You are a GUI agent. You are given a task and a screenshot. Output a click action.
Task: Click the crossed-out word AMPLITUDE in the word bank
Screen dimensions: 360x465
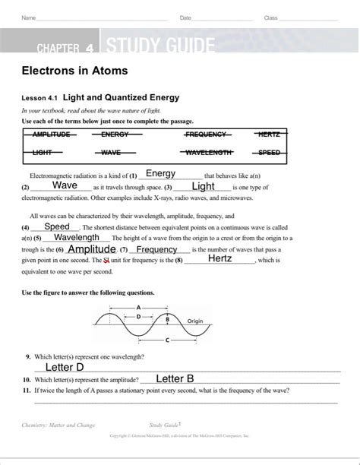(x=52, y=134)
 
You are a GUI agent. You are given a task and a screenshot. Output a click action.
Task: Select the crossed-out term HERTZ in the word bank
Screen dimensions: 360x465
(x=269, y=134)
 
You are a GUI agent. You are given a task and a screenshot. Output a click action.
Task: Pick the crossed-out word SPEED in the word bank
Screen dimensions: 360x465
(x=269, y=153)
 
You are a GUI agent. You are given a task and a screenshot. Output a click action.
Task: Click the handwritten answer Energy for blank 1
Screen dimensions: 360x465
(x=160, y=173)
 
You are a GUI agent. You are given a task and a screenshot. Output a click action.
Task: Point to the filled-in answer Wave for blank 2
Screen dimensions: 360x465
(x=65, y=185)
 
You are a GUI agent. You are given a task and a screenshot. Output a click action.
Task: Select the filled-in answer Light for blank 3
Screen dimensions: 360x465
(x=204, y=186)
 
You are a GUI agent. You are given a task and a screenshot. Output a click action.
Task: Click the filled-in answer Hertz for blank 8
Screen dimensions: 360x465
(x=219, y=258)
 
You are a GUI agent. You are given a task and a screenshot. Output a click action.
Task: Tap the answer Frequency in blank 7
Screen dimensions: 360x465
(x=157, y=249)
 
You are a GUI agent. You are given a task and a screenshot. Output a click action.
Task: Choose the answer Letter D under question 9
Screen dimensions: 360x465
(x=65, y=367)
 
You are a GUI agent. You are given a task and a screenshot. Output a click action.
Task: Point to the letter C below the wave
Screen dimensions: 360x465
(x=167, y=340)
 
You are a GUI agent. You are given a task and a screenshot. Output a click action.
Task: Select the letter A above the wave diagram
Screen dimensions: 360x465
(x=139, y=308)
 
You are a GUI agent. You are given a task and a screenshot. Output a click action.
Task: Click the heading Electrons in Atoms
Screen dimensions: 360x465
(x=74, y=71)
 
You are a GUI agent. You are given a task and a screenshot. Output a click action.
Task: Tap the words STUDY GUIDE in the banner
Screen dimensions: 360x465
(x=160, y=48)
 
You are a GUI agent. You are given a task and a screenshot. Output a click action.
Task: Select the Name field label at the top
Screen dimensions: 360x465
(x=28, y=17)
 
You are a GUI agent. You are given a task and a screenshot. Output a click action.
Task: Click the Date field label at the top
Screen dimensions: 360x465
(x=185, y=17)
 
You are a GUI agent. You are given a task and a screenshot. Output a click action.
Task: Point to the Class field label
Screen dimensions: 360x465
(x=271, y=17)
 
